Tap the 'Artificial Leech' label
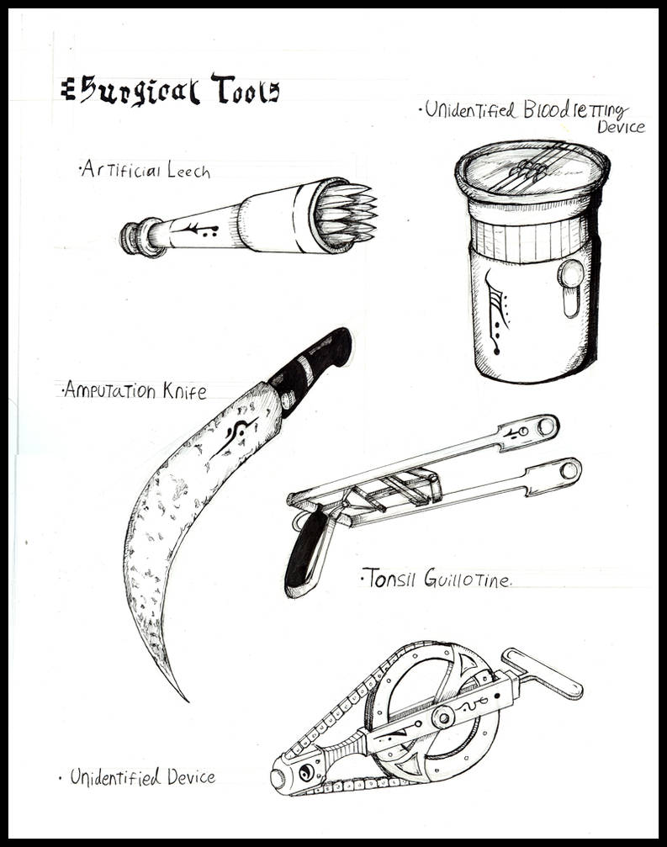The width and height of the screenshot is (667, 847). coord(145,171)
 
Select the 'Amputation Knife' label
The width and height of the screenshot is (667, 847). coord(132,390)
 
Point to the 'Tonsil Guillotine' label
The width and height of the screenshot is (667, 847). coord(436,579)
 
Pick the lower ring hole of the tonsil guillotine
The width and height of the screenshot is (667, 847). coord(570,469)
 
